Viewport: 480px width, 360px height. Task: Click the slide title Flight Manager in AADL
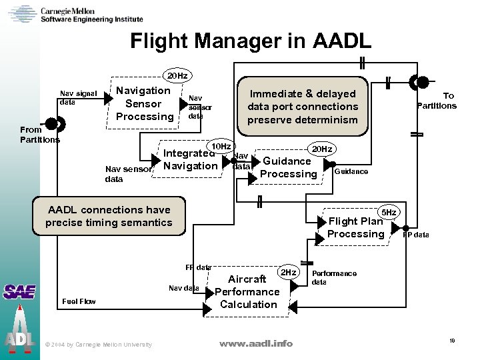pyautogui.click(x=251, y=41)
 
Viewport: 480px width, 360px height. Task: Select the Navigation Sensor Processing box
pyautogui.click(x=143, y=103)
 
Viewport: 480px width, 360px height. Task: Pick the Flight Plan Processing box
pyautogui.click(x=356, y=227)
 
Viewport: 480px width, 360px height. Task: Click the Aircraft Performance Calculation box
pyautogui.click(x=247, y=292)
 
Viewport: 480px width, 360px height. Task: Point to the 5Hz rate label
pyautogui.click(x=388, y=212)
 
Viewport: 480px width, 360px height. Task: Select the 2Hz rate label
pyautogui.click(x=288, y=273)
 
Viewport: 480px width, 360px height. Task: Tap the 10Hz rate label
pyautogui.click(x=220, y=146)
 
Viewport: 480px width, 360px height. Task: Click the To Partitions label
pyautogui.click(x=437, y=101)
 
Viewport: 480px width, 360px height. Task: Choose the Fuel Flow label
pyautogui.click(x=79, y=301)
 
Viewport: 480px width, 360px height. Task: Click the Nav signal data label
pyautogui.click(x=78, y=98)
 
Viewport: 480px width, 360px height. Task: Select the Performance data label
pyautogui.click(x=334, y=277)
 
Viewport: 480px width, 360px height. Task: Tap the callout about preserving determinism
pyautogui.click(x=303, y=107)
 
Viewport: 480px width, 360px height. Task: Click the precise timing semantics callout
pyautogui.click(x=109, y=216)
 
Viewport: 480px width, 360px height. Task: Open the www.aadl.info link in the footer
pyautogui.click(x=256, y=343)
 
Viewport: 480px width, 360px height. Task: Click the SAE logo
pyautogui.click(x=19, y=291)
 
